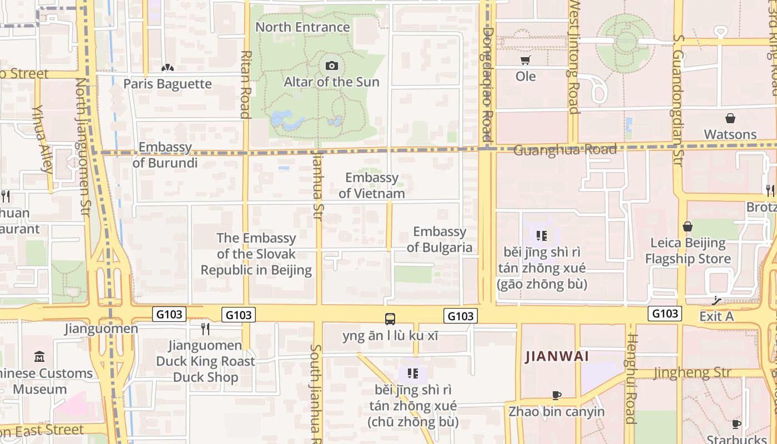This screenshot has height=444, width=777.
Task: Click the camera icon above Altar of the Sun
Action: [331, 66]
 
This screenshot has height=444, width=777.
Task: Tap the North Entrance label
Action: [302, 27]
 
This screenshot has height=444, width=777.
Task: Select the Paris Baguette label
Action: [168, 84]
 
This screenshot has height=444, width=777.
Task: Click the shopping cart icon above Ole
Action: [525, 60]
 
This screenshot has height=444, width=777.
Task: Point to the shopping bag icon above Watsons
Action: [730, 118]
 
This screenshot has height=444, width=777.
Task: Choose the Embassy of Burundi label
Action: [165, 155]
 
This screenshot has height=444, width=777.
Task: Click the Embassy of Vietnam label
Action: [372, 185]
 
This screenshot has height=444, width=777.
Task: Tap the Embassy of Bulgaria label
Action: [440, 239]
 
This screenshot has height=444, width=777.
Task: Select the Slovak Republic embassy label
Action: [256, 254]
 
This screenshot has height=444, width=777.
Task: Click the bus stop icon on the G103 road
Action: [390, 319]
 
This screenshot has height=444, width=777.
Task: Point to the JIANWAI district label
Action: [557, 356]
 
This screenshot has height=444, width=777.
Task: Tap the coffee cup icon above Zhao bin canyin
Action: [557, 395]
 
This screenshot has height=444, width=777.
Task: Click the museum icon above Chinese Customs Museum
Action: [39, 356]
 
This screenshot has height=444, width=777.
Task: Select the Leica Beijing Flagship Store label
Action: [688, 251]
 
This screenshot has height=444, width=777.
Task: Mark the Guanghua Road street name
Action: [565, 150]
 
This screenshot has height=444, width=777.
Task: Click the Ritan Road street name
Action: [246, 84]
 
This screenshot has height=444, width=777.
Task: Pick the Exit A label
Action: [716, 316]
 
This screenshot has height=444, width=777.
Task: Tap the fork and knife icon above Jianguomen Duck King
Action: [205, 329]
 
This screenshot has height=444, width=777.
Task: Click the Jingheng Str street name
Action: [692, 372]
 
